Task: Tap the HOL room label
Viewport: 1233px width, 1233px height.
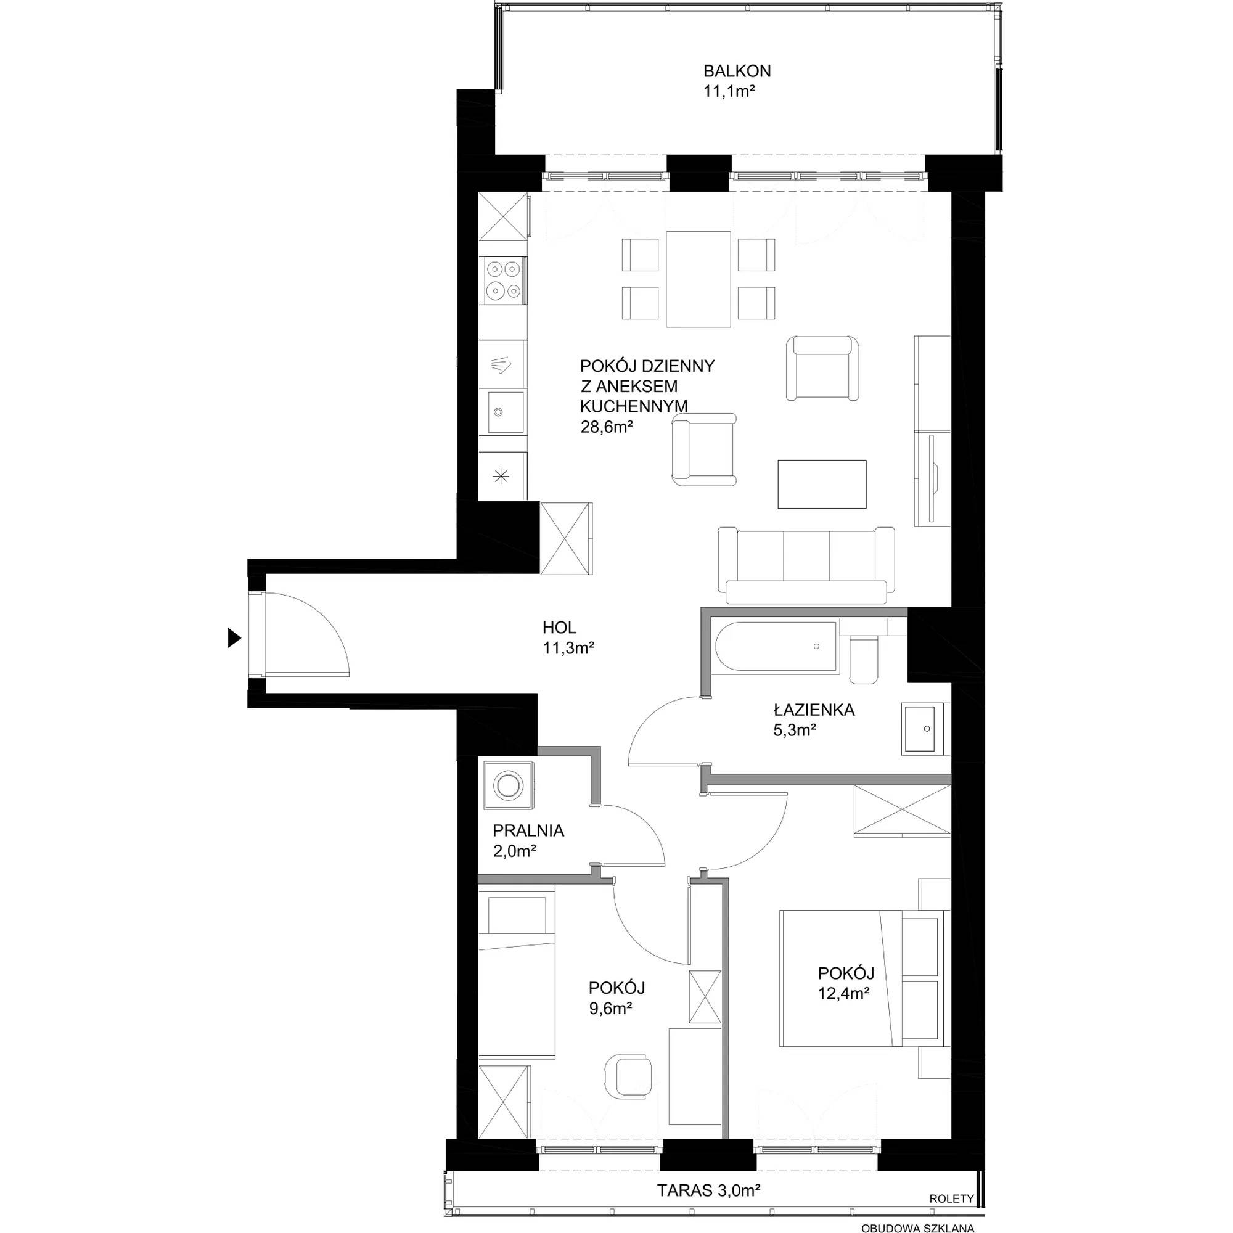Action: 560,628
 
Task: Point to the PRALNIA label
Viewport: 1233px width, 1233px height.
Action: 528,831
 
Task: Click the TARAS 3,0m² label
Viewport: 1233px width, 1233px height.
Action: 709,1190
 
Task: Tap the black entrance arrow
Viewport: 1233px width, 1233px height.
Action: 234,637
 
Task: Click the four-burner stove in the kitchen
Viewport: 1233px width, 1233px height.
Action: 504,280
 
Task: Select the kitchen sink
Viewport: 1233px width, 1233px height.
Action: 504,412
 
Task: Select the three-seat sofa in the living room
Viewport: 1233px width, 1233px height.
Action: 806,565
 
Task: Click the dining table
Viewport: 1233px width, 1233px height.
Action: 698,279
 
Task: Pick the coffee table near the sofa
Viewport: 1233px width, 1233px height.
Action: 822,484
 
